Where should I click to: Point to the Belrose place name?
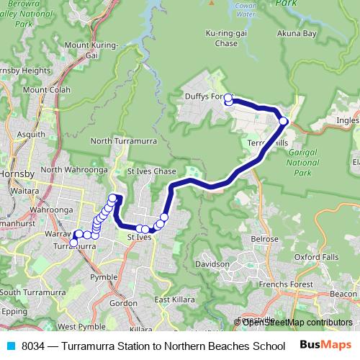264,238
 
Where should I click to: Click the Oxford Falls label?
318,256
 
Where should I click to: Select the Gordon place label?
124,304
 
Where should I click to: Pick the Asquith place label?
30,135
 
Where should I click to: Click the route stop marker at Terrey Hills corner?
284,121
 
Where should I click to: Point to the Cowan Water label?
246,10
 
